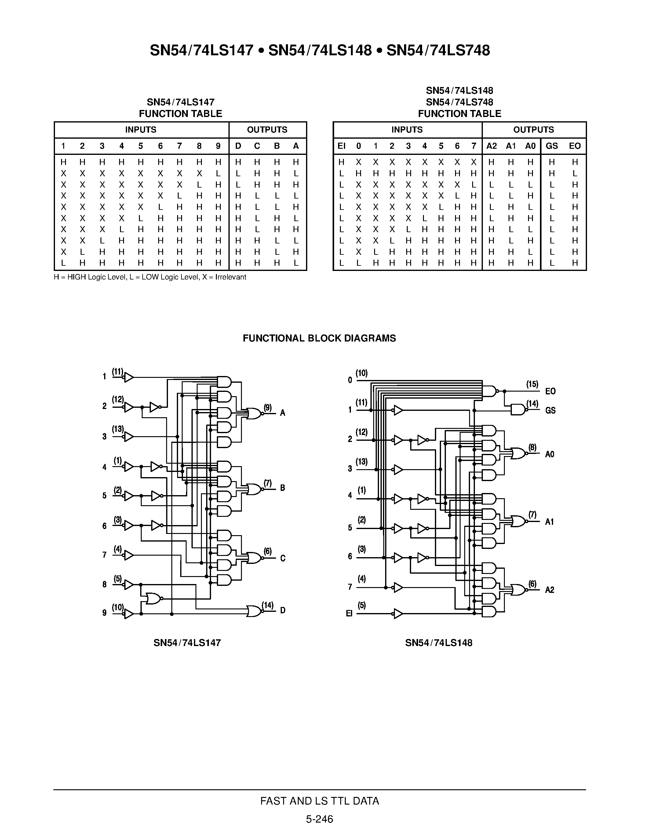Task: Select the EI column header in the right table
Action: click(341, 146)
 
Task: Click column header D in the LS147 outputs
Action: click(238, 146)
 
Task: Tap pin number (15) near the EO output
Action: click(532, 384)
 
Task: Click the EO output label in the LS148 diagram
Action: click(550, 391)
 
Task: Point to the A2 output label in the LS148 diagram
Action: click(549, 590)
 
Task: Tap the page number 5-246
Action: click(319, 819)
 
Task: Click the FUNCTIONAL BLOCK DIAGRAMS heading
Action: click(319, 338)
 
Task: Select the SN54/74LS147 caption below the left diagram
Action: click(187, 643)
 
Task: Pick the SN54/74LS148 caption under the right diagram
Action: click(438, 643)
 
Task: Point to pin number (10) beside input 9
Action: click(118, 607)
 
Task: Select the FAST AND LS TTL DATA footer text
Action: click(319, 801)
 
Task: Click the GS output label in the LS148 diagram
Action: click(550, 411)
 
